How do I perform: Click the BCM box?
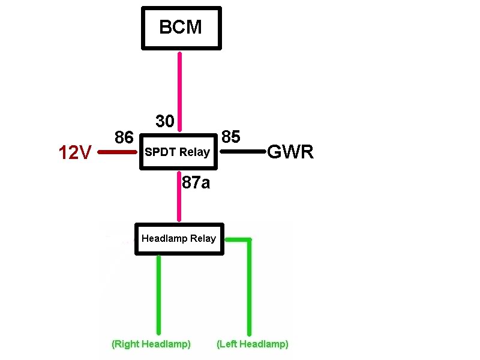(x=181, y=28)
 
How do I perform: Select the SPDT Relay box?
(x=178, y=152)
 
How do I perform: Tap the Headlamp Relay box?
(x=179, y=239)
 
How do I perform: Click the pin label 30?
(x=165, y=121)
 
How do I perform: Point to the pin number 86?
(x=124, y=137)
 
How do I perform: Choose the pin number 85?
(x=231, y=137)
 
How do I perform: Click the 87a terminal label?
(x=196, y=182)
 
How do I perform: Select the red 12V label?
(x=75, y=152)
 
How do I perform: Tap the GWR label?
(x=290, y=152)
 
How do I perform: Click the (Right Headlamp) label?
(x=151, y=344)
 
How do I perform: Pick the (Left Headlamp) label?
(x=253, y=344)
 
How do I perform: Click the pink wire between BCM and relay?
(x=179, y=92)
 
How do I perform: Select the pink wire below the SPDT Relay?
(x=179, y=196)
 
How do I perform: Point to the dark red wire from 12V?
(x=117, y=152)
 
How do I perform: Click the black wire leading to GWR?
(x=243, y=151)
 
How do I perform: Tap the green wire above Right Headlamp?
(x=158, y=295)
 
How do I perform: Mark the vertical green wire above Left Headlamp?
(x=250, y=287)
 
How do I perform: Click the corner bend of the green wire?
(x=250, y=240)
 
